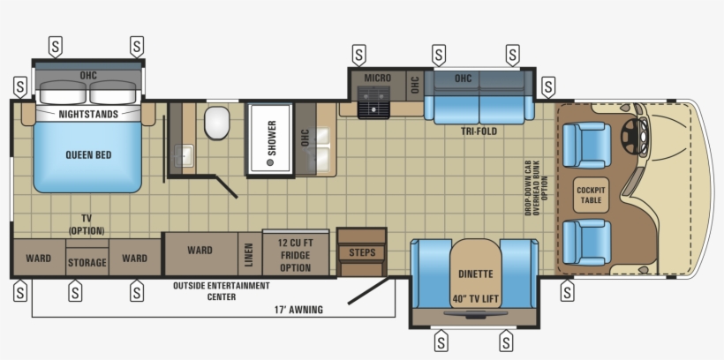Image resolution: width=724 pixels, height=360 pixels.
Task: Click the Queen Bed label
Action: pyautogui.click(x=88, y=155)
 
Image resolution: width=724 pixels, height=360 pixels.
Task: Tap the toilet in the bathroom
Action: pyautogui.click(x=216, y=123)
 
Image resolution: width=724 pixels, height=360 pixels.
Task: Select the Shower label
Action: pyautogui.click(x=272, y=138)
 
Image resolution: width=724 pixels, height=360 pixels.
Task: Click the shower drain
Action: pyautogui.click(x=270, y=162)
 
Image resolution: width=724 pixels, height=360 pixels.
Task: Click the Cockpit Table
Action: pyautogui.click(x=591, y=195)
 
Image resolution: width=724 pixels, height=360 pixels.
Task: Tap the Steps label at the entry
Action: pyautogui.click(x=362, y=252)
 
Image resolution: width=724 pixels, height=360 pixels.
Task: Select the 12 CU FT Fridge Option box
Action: pyautogui.click(x=296, y=254)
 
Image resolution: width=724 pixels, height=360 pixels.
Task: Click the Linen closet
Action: pyautogui.click(x=250, y=254)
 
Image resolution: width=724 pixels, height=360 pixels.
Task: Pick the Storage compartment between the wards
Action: pyautogui.click(x=87, y=262)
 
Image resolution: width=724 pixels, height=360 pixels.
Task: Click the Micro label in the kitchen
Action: pyautogui.click(x=377, y=78)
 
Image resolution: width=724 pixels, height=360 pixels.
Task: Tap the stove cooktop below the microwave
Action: pyautogui.click(x=373, y=102)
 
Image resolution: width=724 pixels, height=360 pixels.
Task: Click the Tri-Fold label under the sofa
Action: pyautogui.click(x=479, y=131)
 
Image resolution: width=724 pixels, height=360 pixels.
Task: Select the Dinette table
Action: pyautogui.click(x=476, y=274)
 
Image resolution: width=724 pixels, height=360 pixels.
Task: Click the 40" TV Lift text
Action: pyautogui.click(x=476, y=299)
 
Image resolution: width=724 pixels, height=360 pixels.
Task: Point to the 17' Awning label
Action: pyautogui.click(x=298, y=310)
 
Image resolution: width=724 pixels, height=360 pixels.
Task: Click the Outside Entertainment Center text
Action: pyautogui.click(x=222, y=291)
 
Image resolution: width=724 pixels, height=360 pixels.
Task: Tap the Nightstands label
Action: pyautogui.click(x=88, y=114)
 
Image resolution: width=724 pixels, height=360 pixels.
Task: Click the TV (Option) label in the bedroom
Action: pyautogui.click(x=87, y=224)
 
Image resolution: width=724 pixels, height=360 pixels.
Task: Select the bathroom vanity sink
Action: pyautogui.click(x=184, y=155)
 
